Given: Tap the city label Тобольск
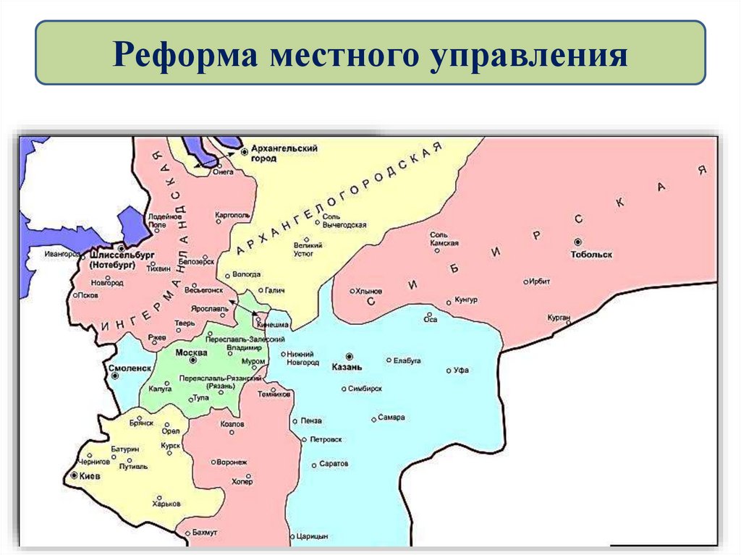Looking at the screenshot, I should coord(591,255).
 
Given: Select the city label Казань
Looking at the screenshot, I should coord(347,367).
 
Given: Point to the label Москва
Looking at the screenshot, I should coord(192,352).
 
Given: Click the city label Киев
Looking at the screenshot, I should coord(90,478).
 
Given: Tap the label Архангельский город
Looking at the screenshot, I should coord(284,153).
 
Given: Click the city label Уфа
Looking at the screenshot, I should coord(461,370).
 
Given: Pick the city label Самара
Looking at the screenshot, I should coord(391,418).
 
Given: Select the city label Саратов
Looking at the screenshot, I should coord(334,463).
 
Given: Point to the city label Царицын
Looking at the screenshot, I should coord(313,536).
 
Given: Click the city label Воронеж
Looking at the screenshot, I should coord(232,462).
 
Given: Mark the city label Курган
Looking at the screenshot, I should coord(559,318).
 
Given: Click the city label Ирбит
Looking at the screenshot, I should coord(540,281).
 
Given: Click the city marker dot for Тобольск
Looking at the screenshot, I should coord(577,242).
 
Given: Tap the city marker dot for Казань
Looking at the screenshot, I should coord(350,356).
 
